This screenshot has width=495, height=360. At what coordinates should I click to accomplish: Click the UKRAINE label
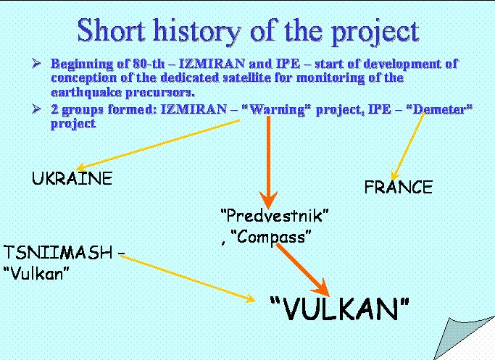click(x=72, y=178)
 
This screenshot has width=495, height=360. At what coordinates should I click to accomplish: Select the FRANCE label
click(x=399, y=187)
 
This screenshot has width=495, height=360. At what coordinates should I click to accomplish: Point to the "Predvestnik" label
click(x=275, y=216)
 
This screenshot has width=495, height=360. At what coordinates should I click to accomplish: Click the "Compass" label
click(x=271, y=236)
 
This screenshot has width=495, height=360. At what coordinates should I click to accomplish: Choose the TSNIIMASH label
click(x=58, y=252)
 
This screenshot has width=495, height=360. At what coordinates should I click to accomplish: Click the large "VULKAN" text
click(x=340, y=309)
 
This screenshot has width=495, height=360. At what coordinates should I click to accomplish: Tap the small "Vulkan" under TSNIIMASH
click(x=37, y=273)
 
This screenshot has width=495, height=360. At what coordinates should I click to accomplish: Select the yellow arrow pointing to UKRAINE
click(x=159, y=144)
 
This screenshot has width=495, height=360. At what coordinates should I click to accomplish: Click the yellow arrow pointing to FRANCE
click(x=408, y=146)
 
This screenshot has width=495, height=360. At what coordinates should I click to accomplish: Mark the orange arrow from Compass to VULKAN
click(x=303, y=270)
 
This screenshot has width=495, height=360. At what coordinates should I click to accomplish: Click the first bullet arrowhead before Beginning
click(x=37, y=64)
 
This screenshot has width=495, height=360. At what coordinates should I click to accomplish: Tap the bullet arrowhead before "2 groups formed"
click(x=37, y=109)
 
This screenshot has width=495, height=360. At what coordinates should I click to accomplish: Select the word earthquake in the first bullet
click(x=86, y=93)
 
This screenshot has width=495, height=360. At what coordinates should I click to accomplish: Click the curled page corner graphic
click(x=465, y=338)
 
